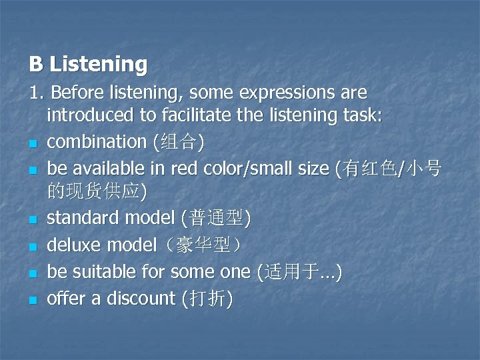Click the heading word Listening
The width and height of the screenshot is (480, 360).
[99, 64]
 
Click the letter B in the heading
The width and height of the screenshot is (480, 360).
[36, 64]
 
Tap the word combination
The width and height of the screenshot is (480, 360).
[97, 141]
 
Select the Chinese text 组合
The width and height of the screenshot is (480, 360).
[179, 141]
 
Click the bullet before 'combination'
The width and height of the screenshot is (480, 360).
[32, 143]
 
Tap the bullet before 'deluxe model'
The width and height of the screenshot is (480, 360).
[32, 247]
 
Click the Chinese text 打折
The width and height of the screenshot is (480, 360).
[207, 299]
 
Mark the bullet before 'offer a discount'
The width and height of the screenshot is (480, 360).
[32, 301]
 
